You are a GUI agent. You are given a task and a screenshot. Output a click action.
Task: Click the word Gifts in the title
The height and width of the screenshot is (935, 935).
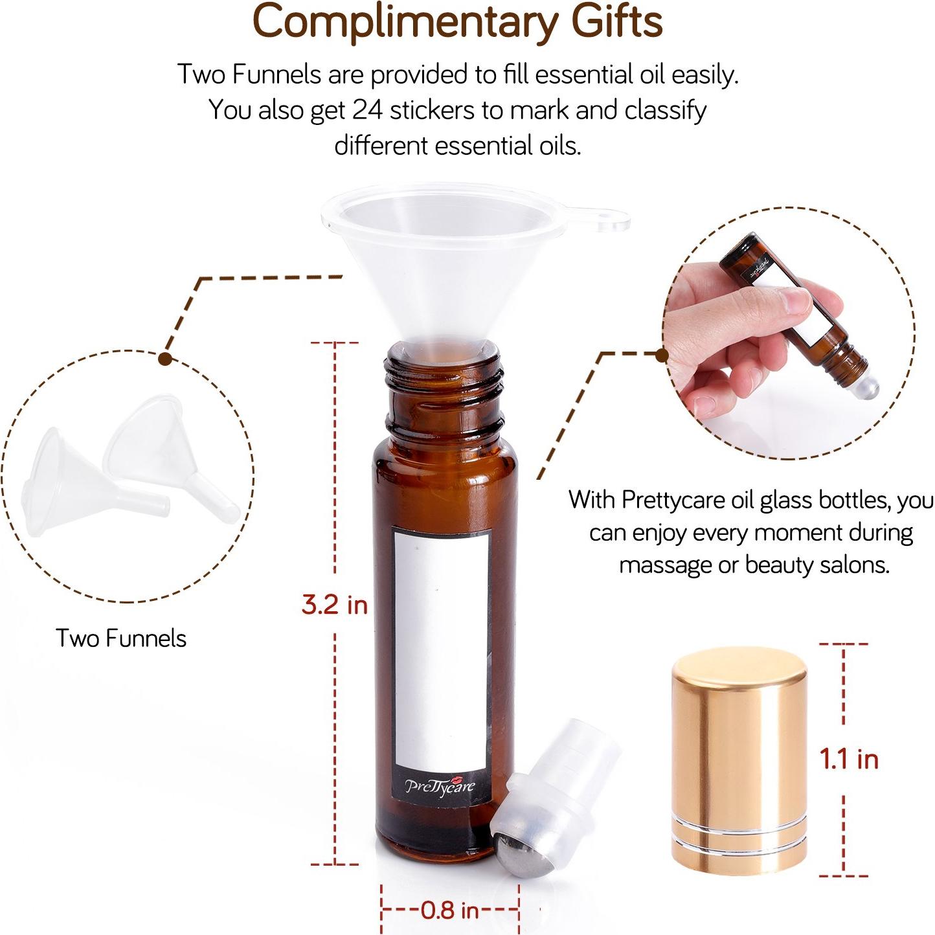click(616, 21)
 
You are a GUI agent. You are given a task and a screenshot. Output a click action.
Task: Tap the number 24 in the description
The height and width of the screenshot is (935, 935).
click(367, 110)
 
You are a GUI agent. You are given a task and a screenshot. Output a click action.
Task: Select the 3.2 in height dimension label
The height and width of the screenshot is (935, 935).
click(334, 605)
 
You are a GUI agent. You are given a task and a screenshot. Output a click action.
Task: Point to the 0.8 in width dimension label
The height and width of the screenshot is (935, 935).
click(450, 910)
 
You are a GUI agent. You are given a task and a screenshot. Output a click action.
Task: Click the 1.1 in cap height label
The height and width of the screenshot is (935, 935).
click(849, 759)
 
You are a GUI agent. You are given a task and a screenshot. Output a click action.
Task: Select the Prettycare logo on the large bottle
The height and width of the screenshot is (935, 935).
click(440, 786)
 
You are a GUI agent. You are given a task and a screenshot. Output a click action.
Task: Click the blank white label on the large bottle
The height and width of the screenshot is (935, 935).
click(442, 648)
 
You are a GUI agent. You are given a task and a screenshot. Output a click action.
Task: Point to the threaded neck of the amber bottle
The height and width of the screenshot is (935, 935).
click(445, 379)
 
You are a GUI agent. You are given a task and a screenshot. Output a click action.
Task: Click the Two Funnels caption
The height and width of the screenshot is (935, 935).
click(121, 638)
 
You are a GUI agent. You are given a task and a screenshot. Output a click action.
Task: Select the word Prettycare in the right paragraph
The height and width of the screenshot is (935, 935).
click(673, 500)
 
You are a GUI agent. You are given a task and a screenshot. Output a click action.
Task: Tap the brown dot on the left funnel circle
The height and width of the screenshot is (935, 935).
click(166, 358)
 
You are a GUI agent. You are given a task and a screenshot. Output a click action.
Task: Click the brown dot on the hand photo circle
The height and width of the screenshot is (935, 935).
click(661, 355)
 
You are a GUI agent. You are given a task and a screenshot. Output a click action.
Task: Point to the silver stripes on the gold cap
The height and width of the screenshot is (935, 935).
click(738, 835)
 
